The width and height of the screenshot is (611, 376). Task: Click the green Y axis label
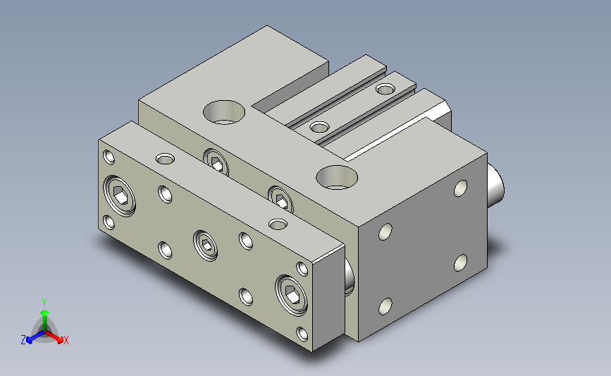click(44, 303)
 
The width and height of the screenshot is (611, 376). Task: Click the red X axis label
click(66, 340)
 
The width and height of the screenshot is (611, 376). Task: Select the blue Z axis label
click(23, 340)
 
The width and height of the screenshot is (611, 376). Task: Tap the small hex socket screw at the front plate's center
click(206, 245)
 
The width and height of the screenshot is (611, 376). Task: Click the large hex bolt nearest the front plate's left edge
click(120, 196)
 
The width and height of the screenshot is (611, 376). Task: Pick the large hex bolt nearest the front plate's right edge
click(291, 295)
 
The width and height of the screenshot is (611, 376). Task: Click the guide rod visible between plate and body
click(349, 277)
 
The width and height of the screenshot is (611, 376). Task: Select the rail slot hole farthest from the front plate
click(385, 90)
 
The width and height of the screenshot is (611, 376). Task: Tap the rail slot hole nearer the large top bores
click(320, 127)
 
